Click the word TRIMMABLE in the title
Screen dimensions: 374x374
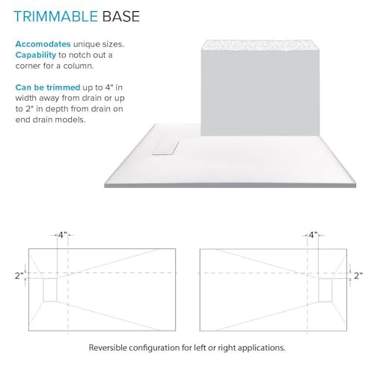[55, 16]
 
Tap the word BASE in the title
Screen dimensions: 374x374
[121, 16]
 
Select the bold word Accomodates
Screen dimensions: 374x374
[43, 44]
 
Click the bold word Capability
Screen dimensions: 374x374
[36, 55]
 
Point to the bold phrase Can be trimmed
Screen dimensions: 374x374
[48, 88]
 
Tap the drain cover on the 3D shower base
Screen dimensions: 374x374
[165, 148]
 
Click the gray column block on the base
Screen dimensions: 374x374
[260, 92]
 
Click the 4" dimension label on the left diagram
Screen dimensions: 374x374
[63, 235]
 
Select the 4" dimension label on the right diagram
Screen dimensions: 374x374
[313, 235]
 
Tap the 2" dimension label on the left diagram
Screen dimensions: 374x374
[19, 276]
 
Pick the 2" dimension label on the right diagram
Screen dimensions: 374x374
[358, 276]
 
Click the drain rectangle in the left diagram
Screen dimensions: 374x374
[50, 289]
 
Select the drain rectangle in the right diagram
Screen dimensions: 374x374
[325, 290]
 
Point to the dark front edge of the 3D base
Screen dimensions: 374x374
[230, 185]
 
